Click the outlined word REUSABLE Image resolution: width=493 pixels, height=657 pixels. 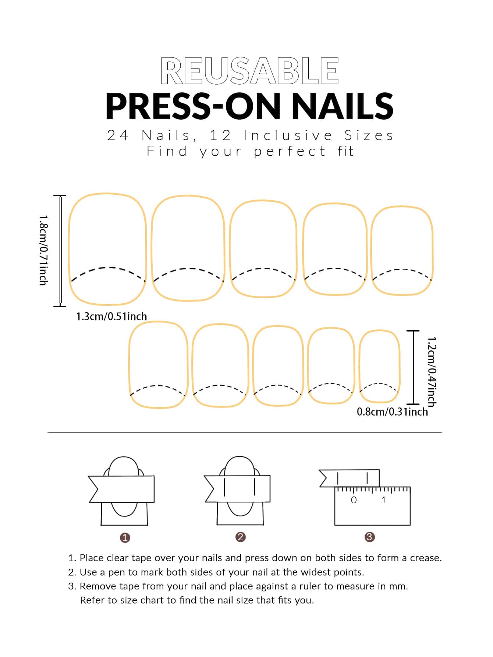pos(249,71)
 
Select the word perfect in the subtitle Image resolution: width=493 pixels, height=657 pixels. pos(290,151)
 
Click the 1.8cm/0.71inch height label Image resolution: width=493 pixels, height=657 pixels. pos(43,250)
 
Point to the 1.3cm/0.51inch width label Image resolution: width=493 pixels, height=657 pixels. pos(111,317)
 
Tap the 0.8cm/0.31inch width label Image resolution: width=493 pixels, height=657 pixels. pos(392,411)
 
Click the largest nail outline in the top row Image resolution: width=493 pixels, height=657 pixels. pos(107,249)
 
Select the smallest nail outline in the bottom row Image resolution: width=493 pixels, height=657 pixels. pos(379,366)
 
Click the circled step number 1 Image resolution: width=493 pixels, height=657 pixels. pos(125,538)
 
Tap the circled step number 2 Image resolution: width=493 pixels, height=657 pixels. pos(240,537)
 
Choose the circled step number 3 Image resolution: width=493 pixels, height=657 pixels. pos(369,537)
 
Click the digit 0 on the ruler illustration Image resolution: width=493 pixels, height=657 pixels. pos(354,500)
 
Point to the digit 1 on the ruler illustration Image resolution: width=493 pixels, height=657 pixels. pos(384,500)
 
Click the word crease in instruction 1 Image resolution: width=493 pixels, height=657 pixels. pos(425,558)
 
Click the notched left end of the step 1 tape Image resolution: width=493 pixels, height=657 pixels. pos(94,489)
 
